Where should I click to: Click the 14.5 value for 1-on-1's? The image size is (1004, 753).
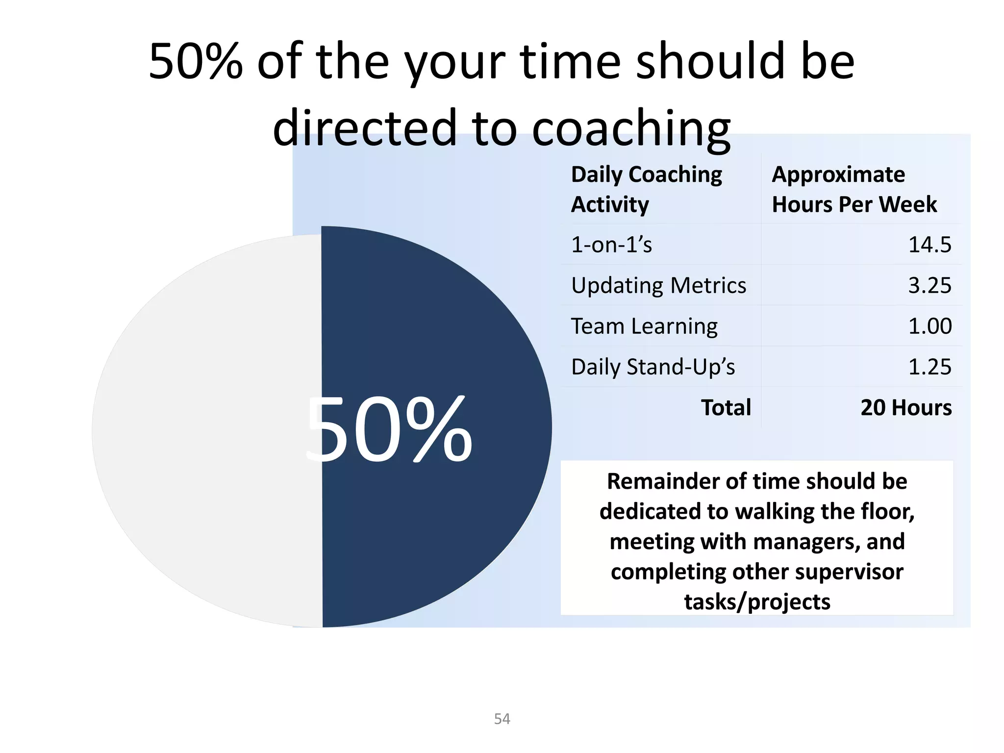point(929,245)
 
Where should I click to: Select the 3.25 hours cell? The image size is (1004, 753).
point(929,285)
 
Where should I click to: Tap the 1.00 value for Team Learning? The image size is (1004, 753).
point(929,326)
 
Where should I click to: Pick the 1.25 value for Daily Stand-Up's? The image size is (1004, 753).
point(929,367)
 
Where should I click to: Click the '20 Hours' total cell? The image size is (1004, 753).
point(906,407)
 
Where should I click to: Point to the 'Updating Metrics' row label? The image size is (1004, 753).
point(658,285)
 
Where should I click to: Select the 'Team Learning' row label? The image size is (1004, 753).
point(644,326)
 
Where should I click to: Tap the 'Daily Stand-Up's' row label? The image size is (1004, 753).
point(653,367)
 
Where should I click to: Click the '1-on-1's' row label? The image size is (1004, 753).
point(611,245)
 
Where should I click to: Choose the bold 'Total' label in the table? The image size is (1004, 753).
point(726,407)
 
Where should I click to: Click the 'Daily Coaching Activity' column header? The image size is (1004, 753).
point(646,189)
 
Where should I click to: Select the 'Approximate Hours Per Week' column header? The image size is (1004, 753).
point(854,189)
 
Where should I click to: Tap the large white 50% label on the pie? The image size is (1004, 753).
point(388,430)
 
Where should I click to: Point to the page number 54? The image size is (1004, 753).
point(502,719)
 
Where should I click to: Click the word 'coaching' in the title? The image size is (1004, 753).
point(631,127)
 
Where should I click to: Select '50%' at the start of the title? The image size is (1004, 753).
point(196,61)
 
